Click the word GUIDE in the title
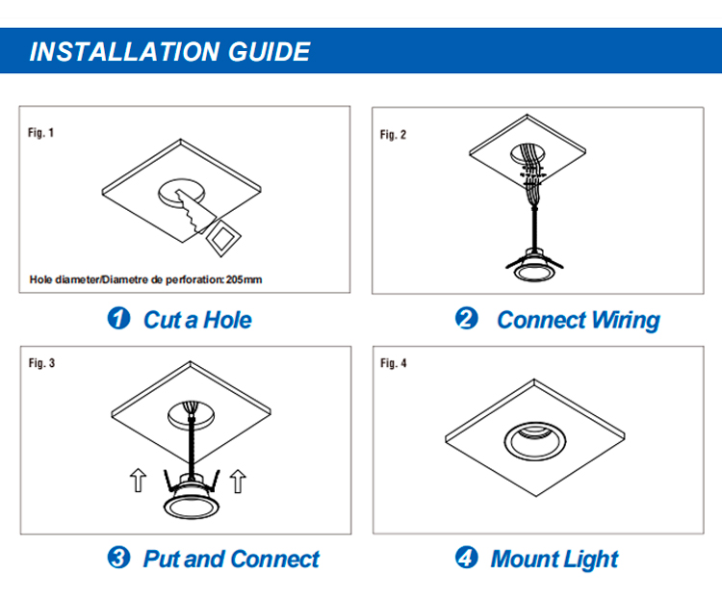click(x=269, y=51)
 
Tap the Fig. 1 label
click(x=41, y=133)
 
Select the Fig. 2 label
click(x=393, y=135)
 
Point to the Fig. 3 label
click(x=41, y=363)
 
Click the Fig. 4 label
click(x=393, y=363)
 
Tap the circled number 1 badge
click(x=118, y=318)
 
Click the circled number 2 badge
click(x=467, y=318)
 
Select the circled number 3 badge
click(x=118, y=558)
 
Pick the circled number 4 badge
click(x=467, y=558)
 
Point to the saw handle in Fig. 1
click(x=223, y=238)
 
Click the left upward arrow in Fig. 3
click(x=138, y=481)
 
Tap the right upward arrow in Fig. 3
click(x=238, y=481)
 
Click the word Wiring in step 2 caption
click(x=626, y=320)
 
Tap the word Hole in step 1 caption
click(x=227, y=320)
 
